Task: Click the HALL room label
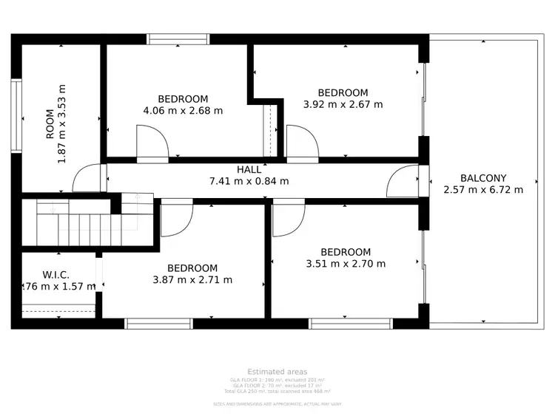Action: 249,170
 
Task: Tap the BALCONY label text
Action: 482,178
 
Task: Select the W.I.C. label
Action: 55,276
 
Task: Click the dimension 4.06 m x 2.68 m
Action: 183,111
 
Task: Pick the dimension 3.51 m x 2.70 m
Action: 346,263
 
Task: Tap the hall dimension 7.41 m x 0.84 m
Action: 249,181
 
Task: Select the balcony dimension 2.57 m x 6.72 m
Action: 482,189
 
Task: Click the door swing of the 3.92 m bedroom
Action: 302,142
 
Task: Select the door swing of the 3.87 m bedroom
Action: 176,219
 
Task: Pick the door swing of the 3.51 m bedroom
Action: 288,219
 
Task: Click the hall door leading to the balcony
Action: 403,181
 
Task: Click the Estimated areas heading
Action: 277,372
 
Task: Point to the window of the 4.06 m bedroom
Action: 178,39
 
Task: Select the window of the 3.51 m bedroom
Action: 350,323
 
